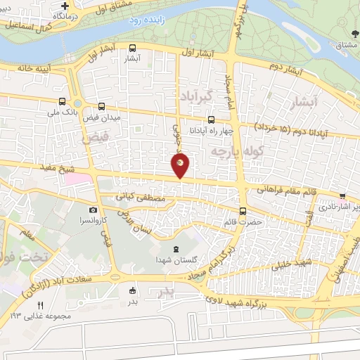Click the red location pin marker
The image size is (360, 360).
click(181, 165)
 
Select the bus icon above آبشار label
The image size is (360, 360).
click(133, 48)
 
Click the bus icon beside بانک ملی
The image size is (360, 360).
click(63, 101)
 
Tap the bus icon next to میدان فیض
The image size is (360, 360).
click(102, 107)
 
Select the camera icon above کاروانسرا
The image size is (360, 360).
click(93, 210)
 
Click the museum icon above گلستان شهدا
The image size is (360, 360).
click(176, 250)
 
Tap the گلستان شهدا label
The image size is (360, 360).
click(176, 260)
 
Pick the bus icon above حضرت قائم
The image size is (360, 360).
click(243, 211)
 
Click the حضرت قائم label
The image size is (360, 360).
click(247, 221)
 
